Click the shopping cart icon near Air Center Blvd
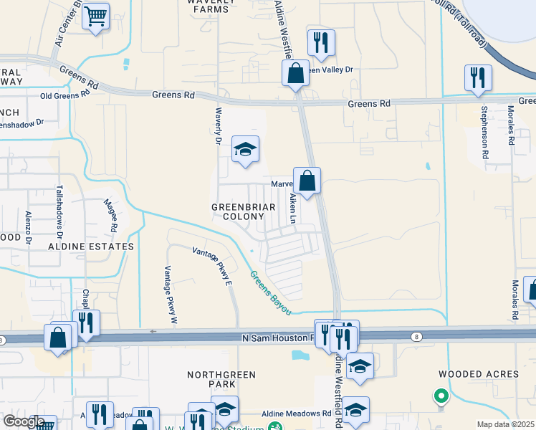[x=95, y=16]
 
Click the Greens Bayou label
[x=270, y=292]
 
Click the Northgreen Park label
[x=221, y=380]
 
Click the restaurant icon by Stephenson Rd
[x=478, y=77]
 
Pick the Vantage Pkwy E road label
[x=213, y=264]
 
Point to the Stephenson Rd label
[x=485, y=133]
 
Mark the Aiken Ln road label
[x=292, y=209]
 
